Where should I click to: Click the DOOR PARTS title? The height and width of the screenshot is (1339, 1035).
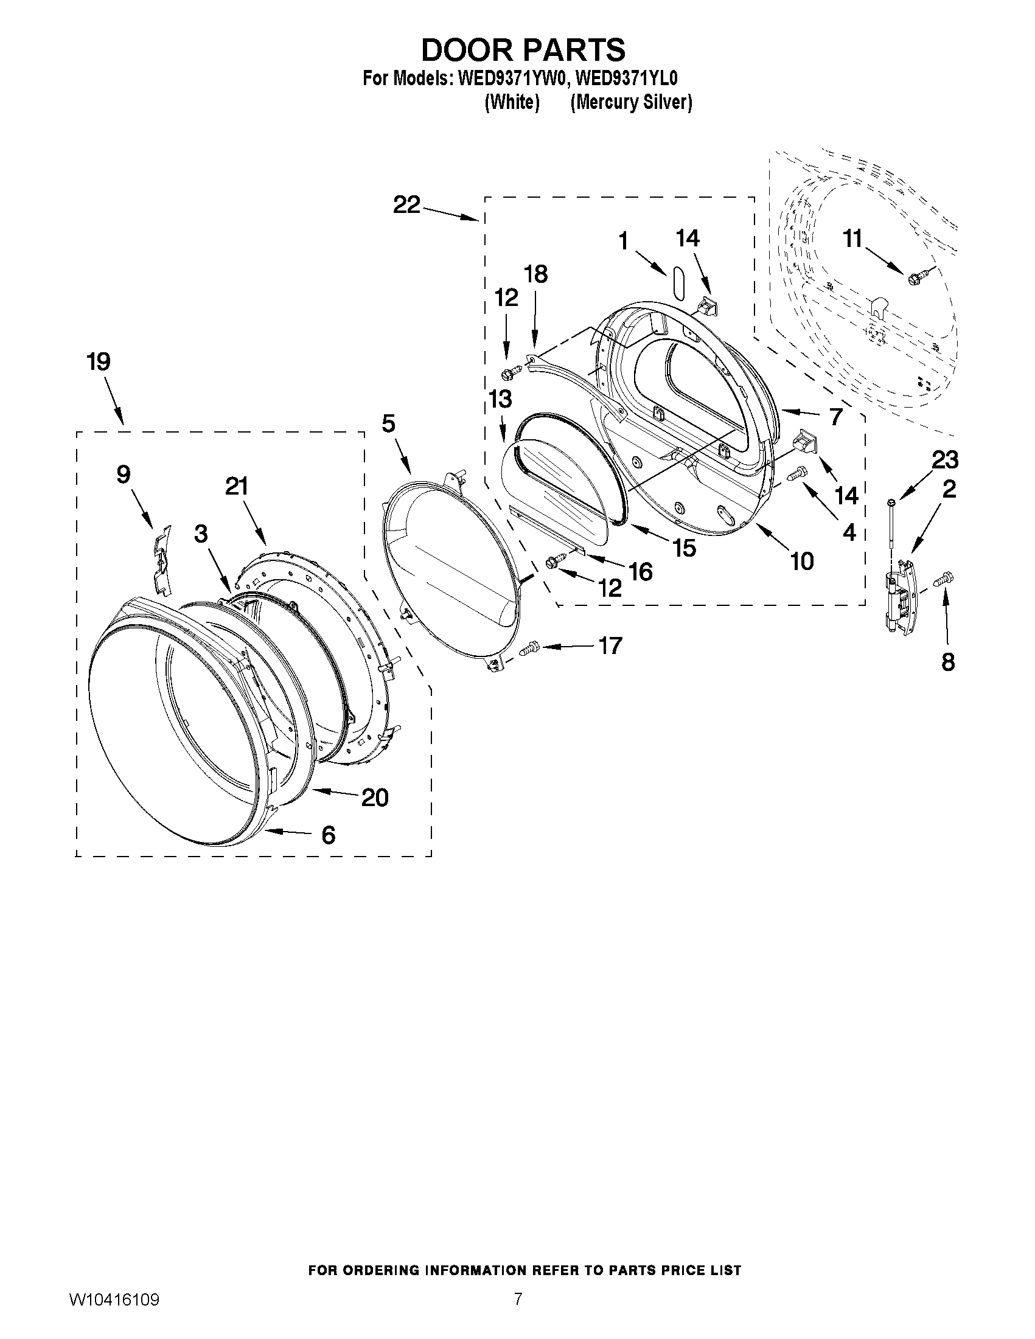tap(523, 50)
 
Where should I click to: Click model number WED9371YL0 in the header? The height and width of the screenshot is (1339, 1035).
tap(627, 79)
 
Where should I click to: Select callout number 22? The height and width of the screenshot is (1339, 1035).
tap(407, 205)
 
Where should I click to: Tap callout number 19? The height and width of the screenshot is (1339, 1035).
tap(99, 362)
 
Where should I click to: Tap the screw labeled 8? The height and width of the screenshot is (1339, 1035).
tap(943, 577)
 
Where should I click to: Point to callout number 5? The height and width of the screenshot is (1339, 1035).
tap(388, 423)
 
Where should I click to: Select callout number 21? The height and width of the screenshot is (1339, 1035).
tap(237, 487)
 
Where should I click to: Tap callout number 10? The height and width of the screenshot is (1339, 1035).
tap(802, 561)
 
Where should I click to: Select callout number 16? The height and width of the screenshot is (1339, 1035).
tap(641, 572)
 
